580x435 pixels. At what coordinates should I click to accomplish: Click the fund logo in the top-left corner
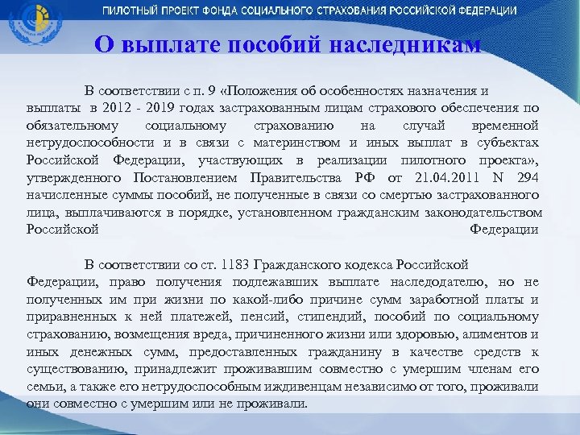coord(30,27)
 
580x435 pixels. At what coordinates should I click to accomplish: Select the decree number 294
coord(524,177)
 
